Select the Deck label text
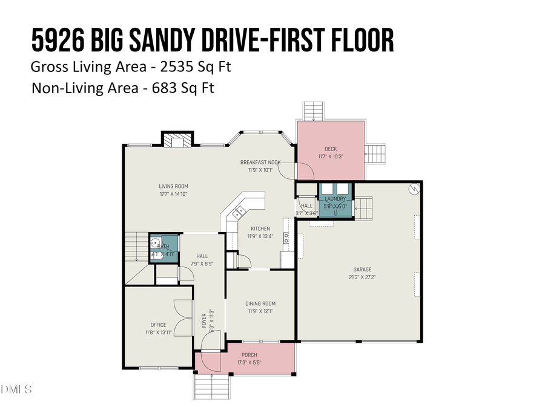pyautogui.click(x=330, y=149)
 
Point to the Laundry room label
pyautogui.click(x=335, y=199)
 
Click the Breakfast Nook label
pyautogui.click(x=260, y=162)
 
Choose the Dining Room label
pyautogui.click(x=260, y=303)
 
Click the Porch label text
pyautogui.click(x=249, y=355)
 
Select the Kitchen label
pyautogui.click(x=260, y=228)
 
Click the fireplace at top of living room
pyautogui.click(x=177, y=140)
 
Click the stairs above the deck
pyautogui.click(x=314, y=111)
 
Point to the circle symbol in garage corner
pyautogui.click(x=414, y=189)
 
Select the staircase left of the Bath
pyautogui.click(x=135, y=248)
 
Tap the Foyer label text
pyautogui.click(x=204, y=320)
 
